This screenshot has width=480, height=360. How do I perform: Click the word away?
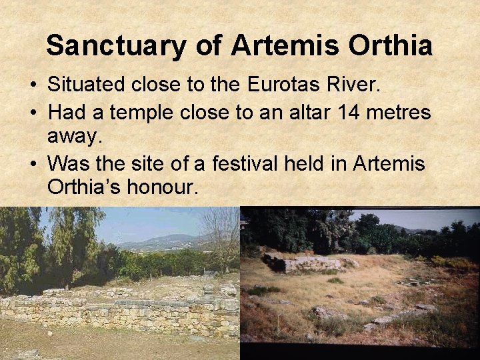tap(74, 137)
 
